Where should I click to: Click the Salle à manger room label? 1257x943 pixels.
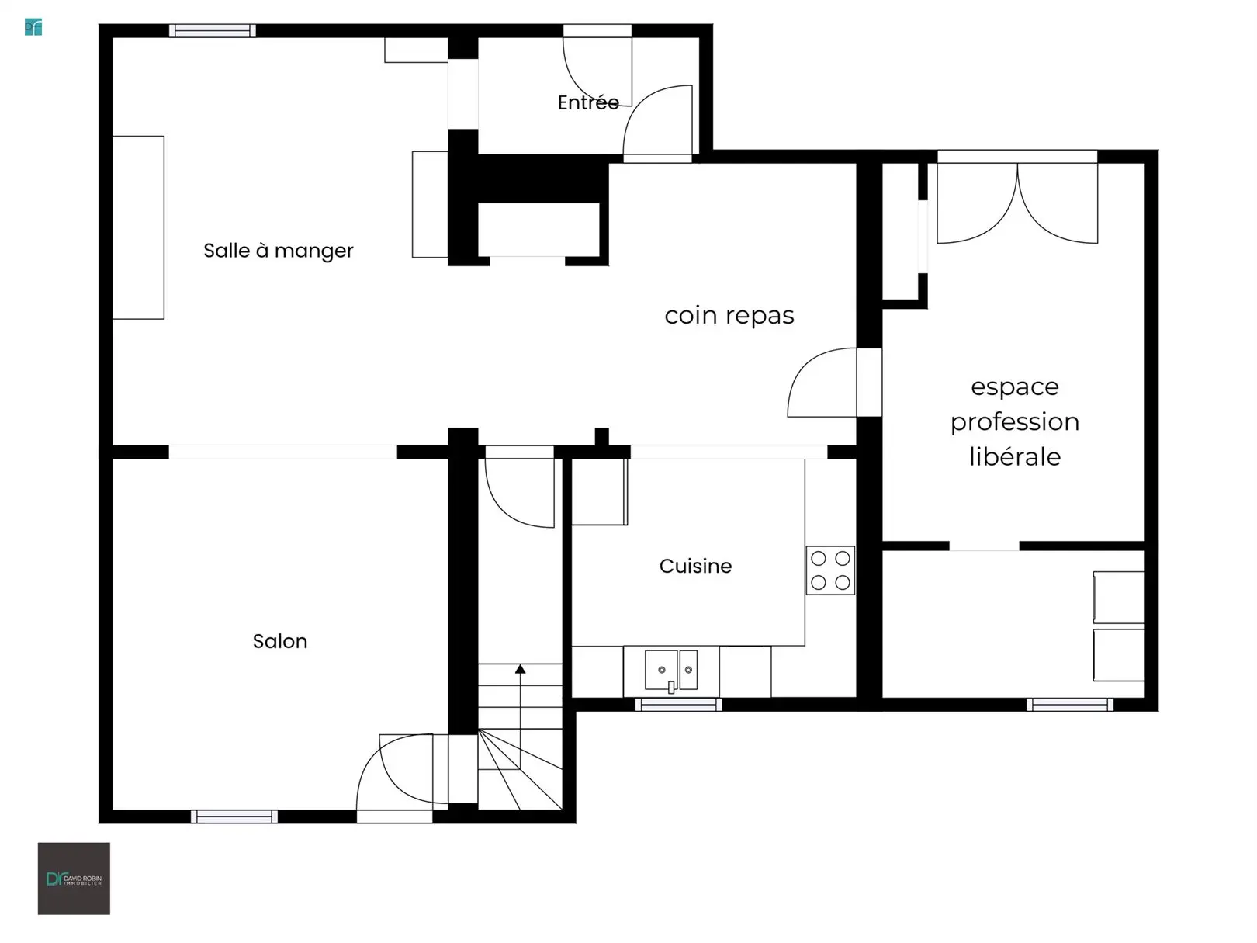pyautogui.click(x=279, y=251)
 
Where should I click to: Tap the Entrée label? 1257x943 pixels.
pyautogui.click(x=588, y=102)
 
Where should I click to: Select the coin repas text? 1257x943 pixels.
pyautogui.click(x=729, y=316)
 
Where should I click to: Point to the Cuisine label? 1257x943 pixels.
pyautogui.click(x=695, y=567)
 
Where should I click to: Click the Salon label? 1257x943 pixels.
pyautogui.click(x=280, y=641)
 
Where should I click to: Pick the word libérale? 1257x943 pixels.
pyautogui.click(x=1015, y=457)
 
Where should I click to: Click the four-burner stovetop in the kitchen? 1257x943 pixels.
pyautogui.click(x=830, y=570)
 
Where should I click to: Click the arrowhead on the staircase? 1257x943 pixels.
pyautogui.click(x=520, y=669)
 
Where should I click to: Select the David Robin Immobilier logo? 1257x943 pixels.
pyautogui.click(x=74, y=879)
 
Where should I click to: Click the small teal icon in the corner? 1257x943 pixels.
pyautogui.click(x=33, y=27)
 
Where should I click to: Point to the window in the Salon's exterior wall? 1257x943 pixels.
pyautogui.click(x=234, y=816)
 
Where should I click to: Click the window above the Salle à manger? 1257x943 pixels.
pyautogui.click(x=213, y=31)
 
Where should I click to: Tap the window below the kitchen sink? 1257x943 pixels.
pyautogui.click(x=679, y=705)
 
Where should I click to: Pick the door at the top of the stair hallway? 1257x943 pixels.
pyautogui.click(x=519, y=487)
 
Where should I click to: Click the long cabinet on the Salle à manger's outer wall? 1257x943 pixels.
pyautogui.click(x=138, y=227)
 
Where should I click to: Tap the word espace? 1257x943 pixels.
pyautogui.click(x=1015, y=387)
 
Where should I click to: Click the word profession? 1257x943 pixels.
pyautogui.click(x=1015, y=422)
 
